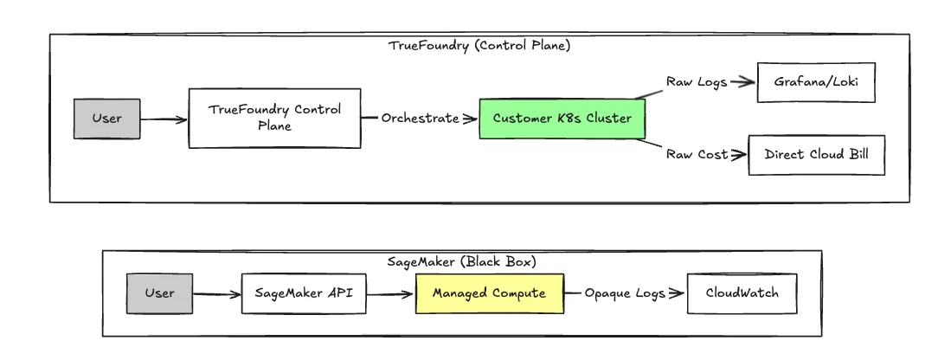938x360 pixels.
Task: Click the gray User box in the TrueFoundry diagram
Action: (x=105, y=119)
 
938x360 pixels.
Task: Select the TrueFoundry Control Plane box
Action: (x=275, y=118)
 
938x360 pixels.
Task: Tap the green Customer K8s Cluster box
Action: (x=562, y=119)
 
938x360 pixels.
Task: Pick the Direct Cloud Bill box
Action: (x=816, y=155)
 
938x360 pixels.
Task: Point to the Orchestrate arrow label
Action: (x=420, y=119)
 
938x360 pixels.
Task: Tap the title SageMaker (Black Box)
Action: (x=461, y=261)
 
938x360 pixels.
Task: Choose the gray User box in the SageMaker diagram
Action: (x=159, y=293)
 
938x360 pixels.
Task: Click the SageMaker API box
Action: (x=303, y=293)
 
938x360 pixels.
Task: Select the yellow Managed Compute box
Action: (x=489, y=293)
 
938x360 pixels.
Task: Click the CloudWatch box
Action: (x=741, y=293)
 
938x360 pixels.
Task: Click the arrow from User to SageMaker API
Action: (x=215, y=294)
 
